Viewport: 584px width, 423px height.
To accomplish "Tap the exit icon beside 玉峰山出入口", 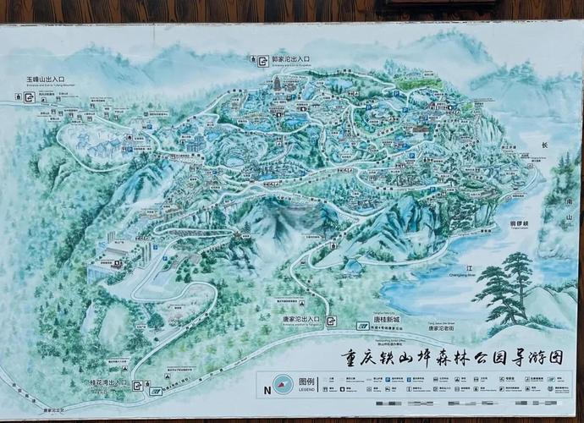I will [29, 97].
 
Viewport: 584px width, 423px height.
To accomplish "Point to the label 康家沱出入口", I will [295, 319].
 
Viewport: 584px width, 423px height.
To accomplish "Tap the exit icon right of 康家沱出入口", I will [331, 321].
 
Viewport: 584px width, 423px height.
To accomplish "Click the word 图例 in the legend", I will [306, 382].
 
